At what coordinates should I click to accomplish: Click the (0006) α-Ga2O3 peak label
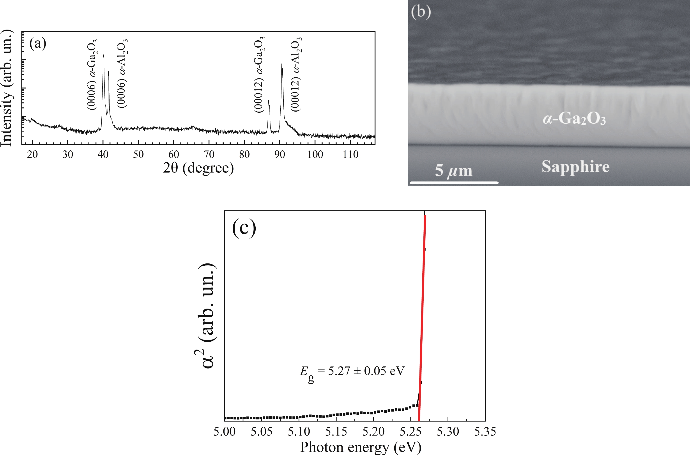[93, 74]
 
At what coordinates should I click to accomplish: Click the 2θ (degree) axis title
[198, 168]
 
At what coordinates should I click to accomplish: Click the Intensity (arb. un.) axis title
[6, 88]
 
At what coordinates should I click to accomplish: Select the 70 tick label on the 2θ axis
[209, 154]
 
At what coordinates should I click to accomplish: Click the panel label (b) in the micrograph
[421, 12]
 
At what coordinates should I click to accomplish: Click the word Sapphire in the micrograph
[575, 167]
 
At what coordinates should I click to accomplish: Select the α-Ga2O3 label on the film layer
[574, 119]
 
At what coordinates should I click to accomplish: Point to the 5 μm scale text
[453, 171]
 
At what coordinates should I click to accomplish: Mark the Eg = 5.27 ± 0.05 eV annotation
[352, 372]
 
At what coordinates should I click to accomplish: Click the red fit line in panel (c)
[422, 319]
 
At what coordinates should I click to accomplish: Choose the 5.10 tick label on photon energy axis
[299, 432]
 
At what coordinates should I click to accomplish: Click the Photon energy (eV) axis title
[361, 447]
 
